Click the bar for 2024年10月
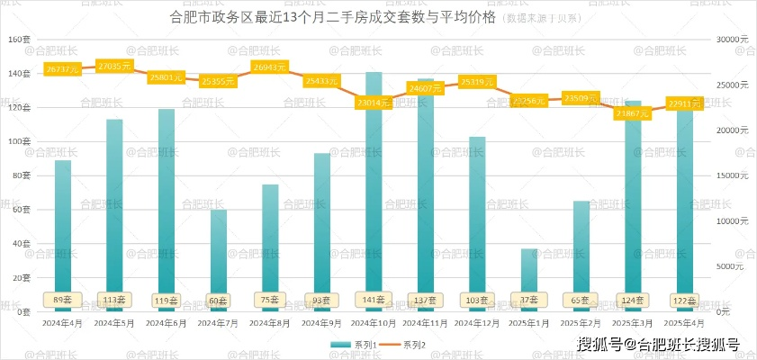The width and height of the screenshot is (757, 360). (374, 198)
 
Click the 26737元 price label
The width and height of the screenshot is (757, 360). (63, 69)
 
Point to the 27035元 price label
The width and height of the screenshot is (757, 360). (114, 67)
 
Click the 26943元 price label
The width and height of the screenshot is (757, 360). (270, 67)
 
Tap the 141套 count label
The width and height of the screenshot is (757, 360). (374, 299)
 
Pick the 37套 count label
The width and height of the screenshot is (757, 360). (529, 299)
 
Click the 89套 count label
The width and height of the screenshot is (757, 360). (63, 299)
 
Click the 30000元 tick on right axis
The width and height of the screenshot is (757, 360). (730, 40)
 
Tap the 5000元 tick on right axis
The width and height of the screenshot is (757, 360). (730, 266)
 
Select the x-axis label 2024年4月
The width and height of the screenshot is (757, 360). (62, 322)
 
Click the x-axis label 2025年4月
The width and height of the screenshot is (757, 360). (684, 322)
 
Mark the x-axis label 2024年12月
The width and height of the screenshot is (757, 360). (477, 322)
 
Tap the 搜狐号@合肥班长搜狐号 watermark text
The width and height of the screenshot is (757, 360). (658, 344)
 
